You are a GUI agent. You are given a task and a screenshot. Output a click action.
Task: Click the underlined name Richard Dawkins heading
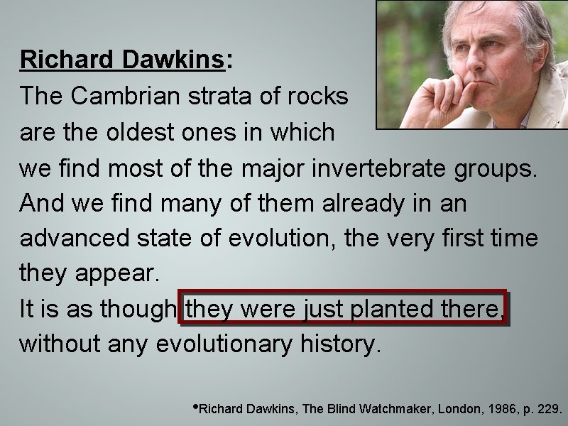tap(121, 60)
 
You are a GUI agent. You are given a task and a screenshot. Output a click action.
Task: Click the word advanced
tap(72, 239)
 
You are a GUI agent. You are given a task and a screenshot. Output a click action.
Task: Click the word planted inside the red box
tap(398, 310)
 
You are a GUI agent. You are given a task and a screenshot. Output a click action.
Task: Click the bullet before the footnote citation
tap(196, 408)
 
